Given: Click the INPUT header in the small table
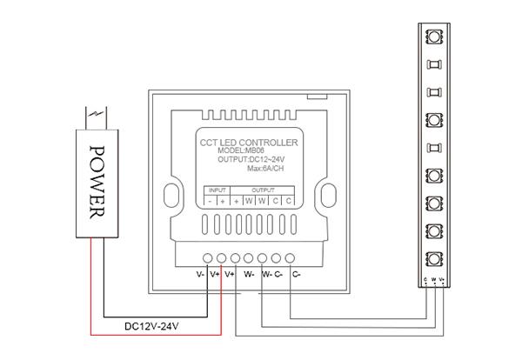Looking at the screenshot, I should [x=217, y=189].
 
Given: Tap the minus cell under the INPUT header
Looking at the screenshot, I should [x=211, y=200].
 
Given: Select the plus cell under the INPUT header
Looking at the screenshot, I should [x=224, y=200].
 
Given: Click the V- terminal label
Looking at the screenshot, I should [x=201, y=274].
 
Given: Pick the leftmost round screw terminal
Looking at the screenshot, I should [x=208, y=257].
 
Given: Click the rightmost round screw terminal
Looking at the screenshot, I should [x=291, y=257].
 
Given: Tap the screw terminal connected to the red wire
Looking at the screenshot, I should [x=222, y=257].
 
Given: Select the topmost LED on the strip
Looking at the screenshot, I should [x=432, y=37].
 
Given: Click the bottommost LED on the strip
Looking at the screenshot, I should [x=432, y=258].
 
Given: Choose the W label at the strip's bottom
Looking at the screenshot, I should [x=433, y=279].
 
